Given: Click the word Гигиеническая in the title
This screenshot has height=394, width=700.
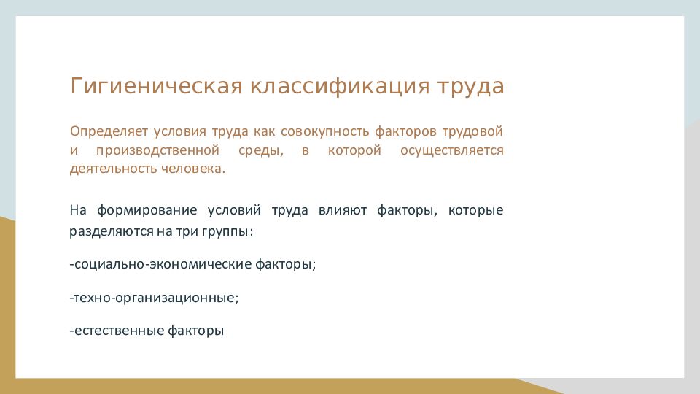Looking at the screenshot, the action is (156, 86).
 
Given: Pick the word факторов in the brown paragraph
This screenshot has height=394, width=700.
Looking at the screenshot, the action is (405, 132).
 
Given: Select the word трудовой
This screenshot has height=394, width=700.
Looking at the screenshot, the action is (472, 132).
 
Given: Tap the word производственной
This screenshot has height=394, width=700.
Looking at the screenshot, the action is (157, 150).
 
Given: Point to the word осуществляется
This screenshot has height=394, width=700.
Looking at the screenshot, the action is (452, 151).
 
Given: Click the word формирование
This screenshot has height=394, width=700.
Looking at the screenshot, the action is (147, 210).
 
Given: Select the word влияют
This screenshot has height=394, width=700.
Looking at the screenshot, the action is (343, 210).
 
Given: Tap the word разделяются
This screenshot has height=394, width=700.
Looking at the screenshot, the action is (112, 232).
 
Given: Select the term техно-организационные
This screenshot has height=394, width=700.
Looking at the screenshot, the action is (154, 298).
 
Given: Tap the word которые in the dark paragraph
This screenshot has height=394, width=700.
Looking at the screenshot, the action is (476, 210).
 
